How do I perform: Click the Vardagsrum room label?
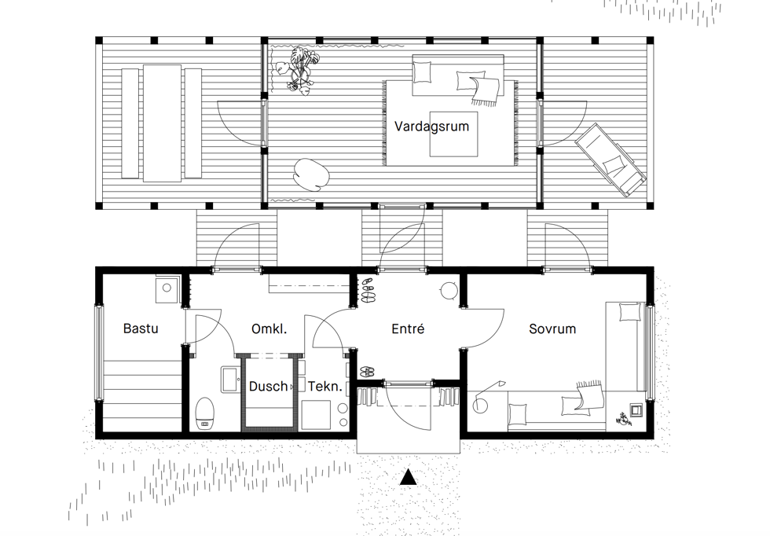coord(431,127)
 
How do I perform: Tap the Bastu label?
coord(141,329)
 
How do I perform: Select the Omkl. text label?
coord(269,329)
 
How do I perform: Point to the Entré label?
coord(408,329)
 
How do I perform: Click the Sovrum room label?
coord(552,329)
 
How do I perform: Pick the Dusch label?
coord(268,387)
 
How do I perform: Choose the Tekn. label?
coord(325,387)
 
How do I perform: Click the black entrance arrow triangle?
coord(408,477)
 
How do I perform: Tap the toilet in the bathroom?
coord(205,413)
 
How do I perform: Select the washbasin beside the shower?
coord(230,380)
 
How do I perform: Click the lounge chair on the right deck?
coord(610,160)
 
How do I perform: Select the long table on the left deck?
coord(163,123)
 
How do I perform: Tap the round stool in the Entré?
coord(449,291)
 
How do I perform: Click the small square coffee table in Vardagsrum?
coord(454,134)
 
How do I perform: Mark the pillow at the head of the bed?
coord(630,312)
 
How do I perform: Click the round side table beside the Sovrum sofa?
coord(479,406)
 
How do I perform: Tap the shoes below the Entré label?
coord(368,373)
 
